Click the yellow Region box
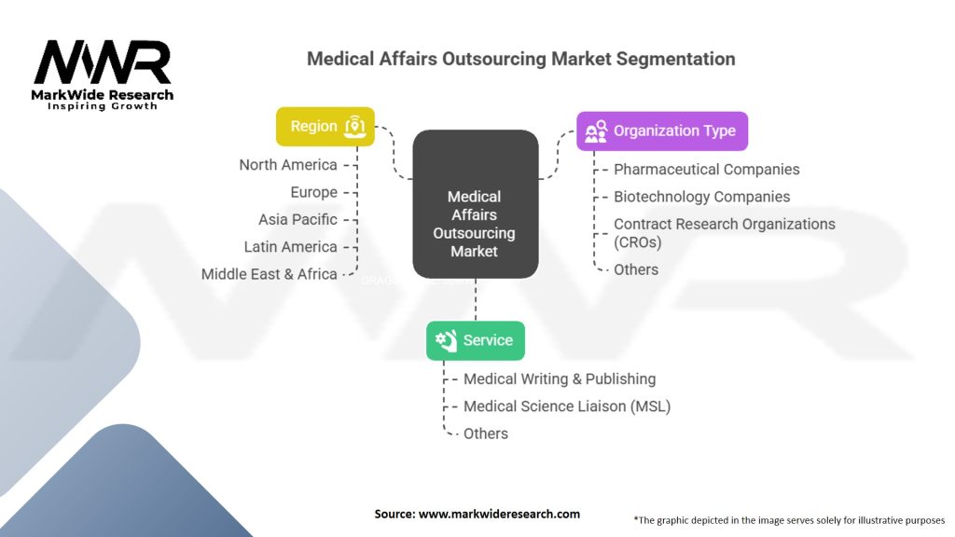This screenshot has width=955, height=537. (325, 127)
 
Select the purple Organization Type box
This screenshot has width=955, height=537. (662, 131)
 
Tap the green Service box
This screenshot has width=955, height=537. (476, 341)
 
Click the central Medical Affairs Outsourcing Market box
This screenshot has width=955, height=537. (476, 205)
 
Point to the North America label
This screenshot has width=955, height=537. (288, 165)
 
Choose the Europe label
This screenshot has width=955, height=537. (313, 192)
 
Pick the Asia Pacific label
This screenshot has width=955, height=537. (298, 220)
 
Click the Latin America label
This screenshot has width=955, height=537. (290, 247)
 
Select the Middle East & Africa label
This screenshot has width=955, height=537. (270, 274)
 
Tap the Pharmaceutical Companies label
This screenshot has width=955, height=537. (706, 170)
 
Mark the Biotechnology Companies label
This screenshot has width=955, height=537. (701, 197)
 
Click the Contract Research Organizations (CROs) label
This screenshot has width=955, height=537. (724, 233)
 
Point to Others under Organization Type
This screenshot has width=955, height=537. (636, 269)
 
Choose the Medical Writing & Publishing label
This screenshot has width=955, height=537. (560, 379)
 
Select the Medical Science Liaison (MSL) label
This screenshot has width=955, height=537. (567, 406)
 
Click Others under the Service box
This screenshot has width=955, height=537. (486, 434)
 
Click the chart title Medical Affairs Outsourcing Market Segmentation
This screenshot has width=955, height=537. (521, 59)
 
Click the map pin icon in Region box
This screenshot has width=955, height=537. (353, 127)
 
